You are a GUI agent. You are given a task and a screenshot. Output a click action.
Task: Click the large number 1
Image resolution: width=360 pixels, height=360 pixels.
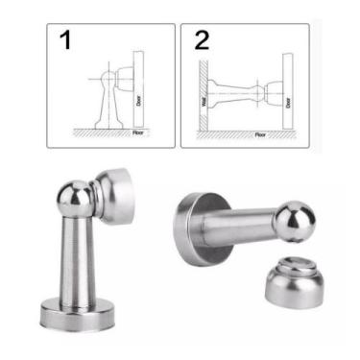click(65, 41)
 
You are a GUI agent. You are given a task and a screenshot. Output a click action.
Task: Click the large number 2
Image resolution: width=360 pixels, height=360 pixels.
click(202, 40)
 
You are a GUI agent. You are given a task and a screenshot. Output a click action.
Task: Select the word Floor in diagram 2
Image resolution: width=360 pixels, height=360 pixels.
click(260, 134)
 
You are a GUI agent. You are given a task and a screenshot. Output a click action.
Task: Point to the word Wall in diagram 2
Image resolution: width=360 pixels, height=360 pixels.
click(204, 100)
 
